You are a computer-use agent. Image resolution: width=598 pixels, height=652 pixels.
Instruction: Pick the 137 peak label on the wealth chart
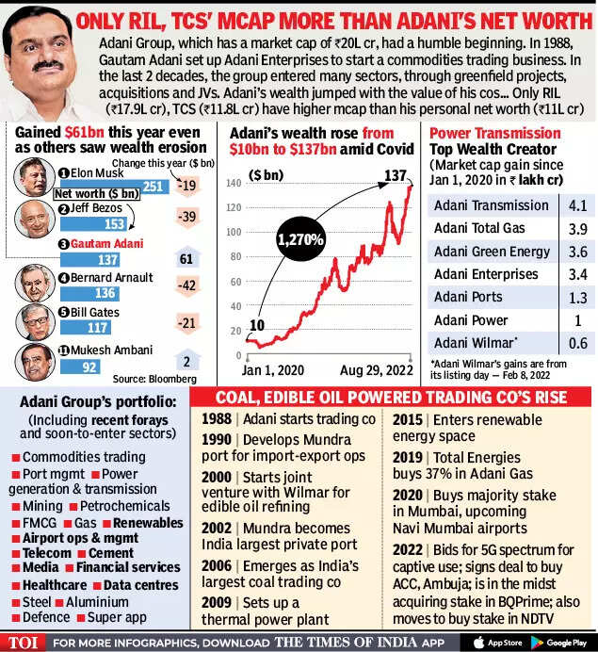pos(394,175)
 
